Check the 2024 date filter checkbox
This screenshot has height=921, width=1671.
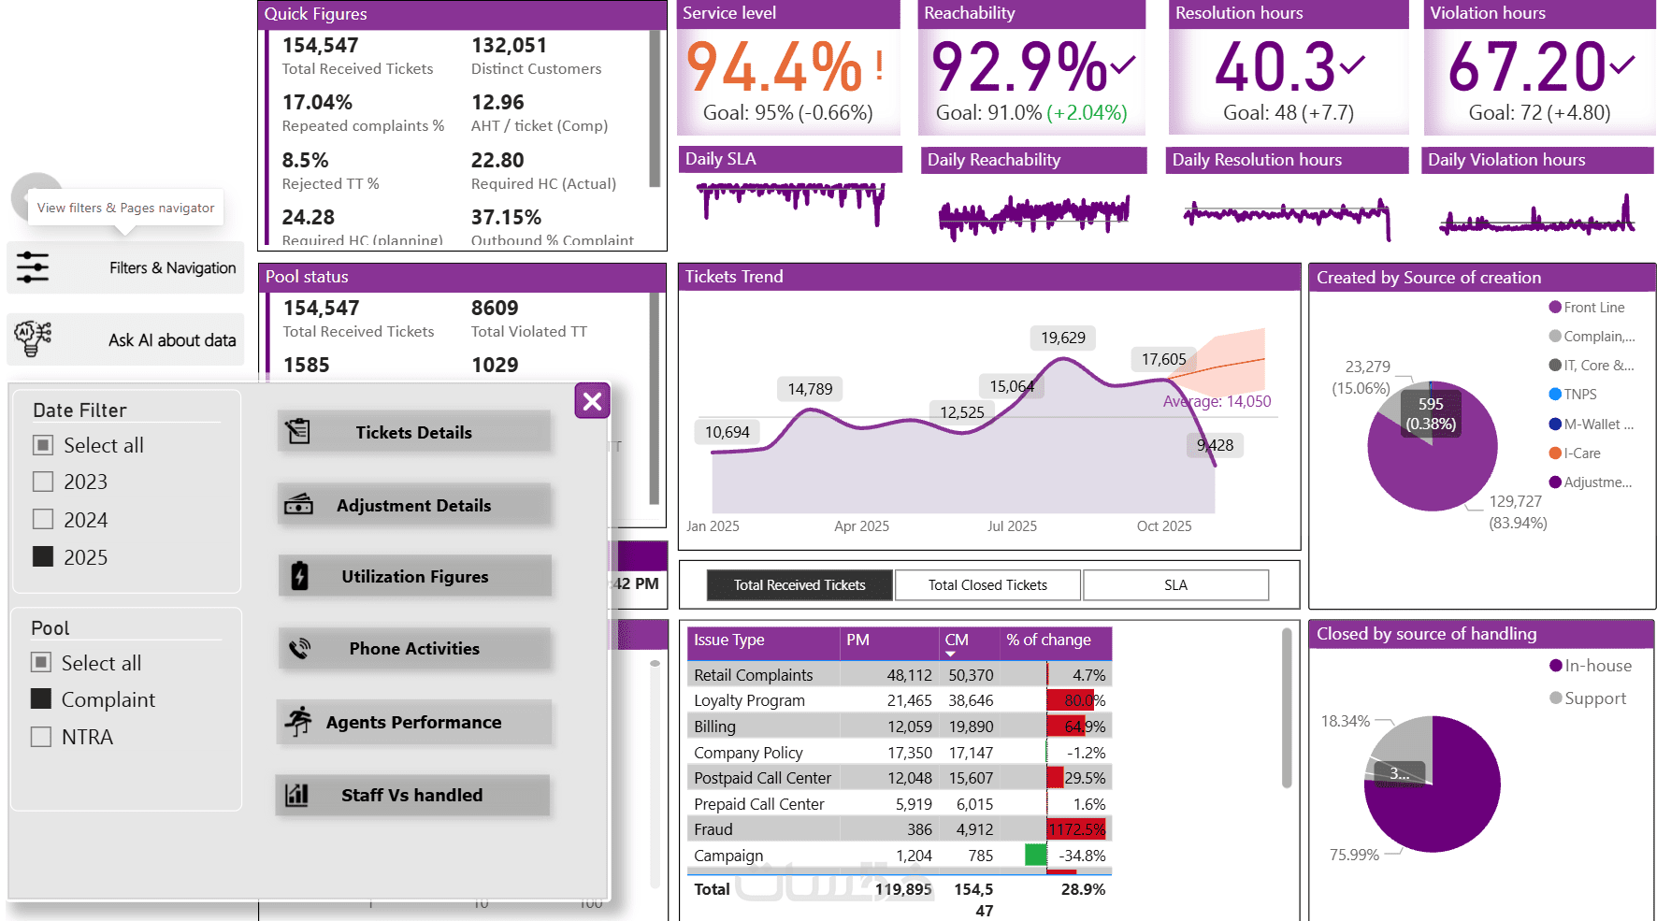coord(43,519)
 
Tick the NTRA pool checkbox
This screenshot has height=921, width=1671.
coord(41,737)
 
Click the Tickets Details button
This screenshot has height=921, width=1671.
coord(414,432)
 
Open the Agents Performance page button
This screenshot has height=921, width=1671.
coord(414,722)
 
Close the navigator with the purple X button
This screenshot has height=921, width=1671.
coord(592,401)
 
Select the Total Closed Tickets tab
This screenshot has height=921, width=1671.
coord(987,585)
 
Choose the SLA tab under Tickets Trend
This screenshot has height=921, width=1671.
coord(1175,585)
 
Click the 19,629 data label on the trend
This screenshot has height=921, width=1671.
coord(1063,338)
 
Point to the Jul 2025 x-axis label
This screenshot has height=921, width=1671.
coord(1012,526)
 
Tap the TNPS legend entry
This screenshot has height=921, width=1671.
coord(1579,395)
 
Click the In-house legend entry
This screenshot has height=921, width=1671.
coord(1597,666)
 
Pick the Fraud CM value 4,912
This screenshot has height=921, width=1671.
coord(973,829)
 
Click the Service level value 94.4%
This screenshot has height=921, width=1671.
coord(774,67)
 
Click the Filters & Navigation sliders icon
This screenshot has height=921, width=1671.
coord(33,267)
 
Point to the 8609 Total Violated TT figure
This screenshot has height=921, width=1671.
coord(495,309)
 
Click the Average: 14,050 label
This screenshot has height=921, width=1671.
coord(1217,401)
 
